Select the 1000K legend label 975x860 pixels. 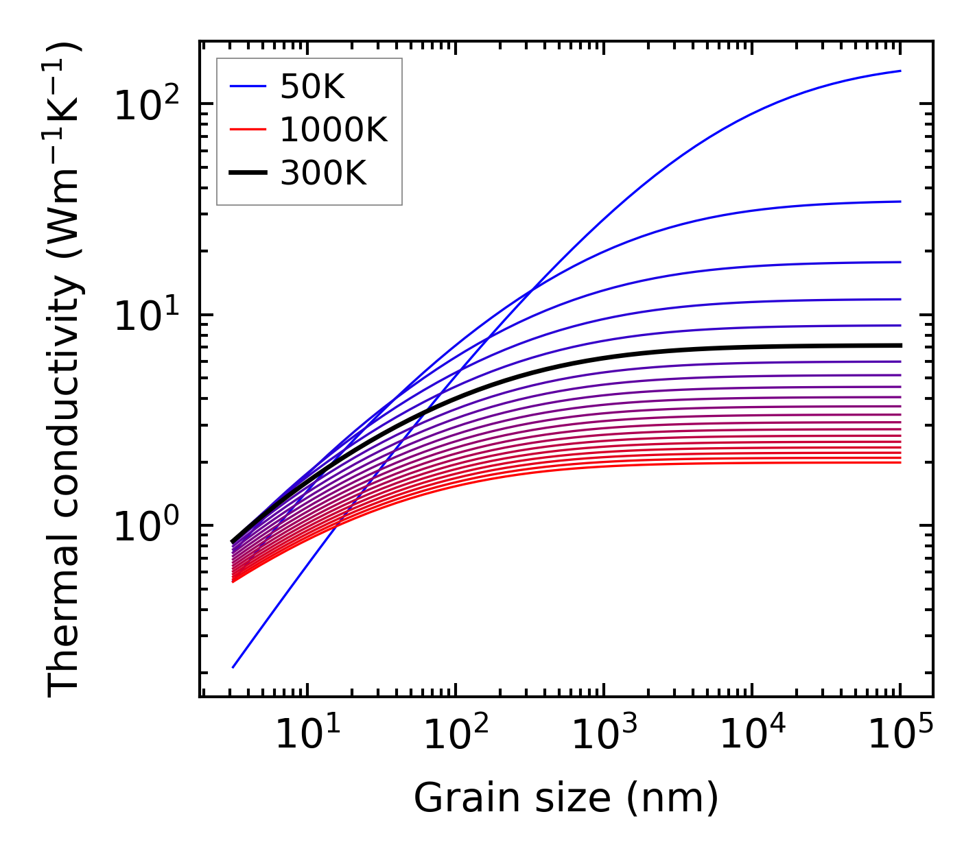[x=333, y=130]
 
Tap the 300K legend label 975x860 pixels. [x=323, y=174]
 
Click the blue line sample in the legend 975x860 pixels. [x=247, y=86]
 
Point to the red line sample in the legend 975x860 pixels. [x=247, y=130]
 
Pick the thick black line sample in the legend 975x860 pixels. [x=247, y=174]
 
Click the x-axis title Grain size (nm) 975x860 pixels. [x=566, y=798]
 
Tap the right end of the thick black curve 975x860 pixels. [x=900, y=345]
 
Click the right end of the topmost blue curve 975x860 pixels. [x=900, y=71]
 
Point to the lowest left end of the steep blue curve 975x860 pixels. [x=233, y=667]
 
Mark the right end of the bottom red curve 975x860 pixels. [x=900, y=462]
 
